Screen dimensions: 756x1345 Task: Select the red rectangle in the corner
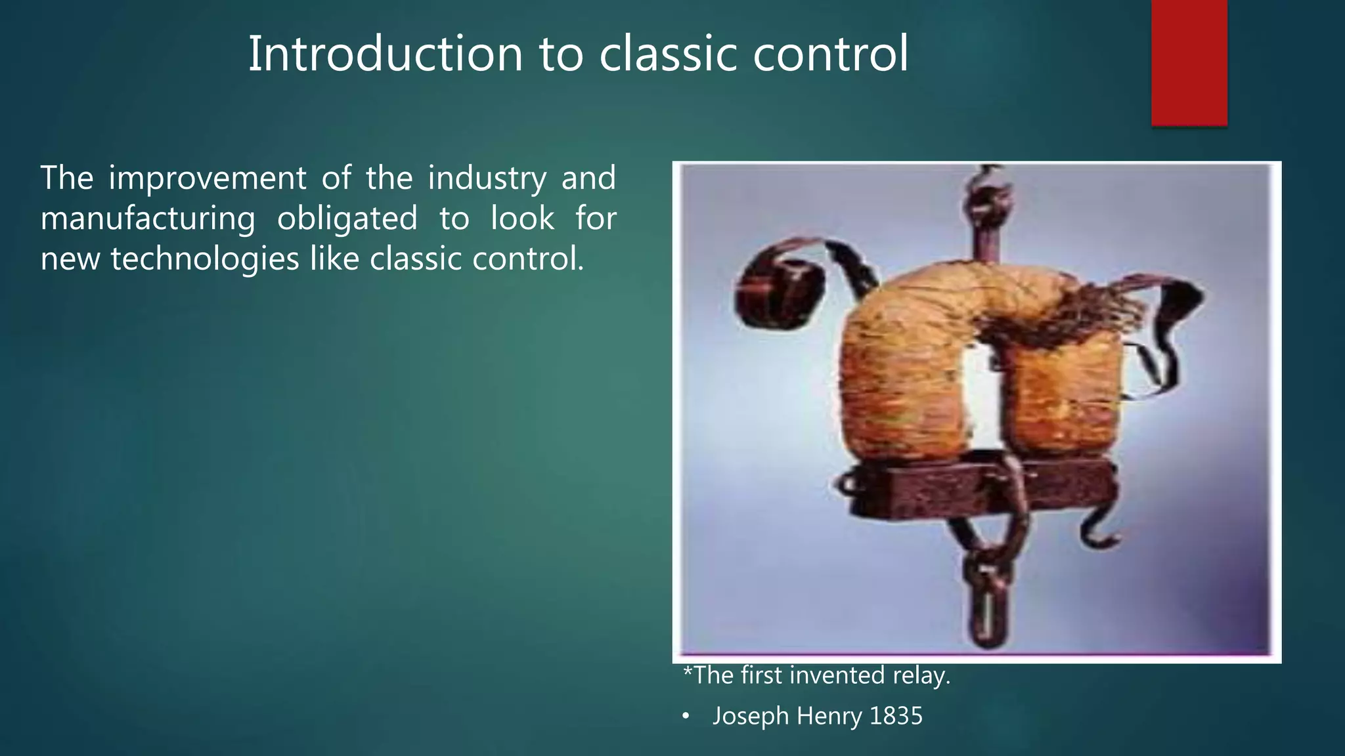pyautogui.click(x=1189, y=62)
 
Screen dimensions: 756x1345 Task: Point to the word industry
pyautogui.click(x=487, y=178)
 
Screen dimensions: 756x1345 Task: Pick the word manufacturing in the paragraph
pyautogui.click(x=148, y=219)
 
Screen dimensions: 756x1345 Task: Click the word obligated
pyautogui.click(x=347, y=219)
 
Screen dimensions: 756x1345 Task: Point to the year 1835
pyautogui.click(x=896, y=716)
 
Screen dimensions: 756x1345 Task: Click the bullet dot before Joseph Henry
pyautogui.click(x=686, y=717)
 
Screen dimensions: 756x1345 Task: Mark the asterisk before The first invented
pyautogui.click(x=688, y=672)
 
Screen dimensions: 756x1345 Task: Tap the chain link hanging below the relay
pyautogui.click(x=985, y=600)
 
